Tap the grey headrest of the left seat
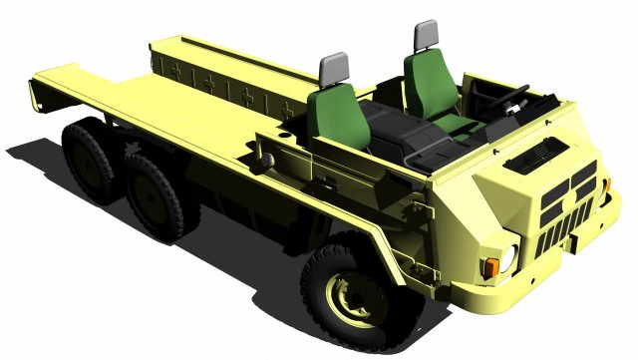tap(333, 69)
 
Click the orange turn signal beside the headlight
tap(490, 267)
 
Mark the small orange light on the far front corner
tap(605, 184)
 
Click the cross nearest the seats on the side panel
tap(287, 109)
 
